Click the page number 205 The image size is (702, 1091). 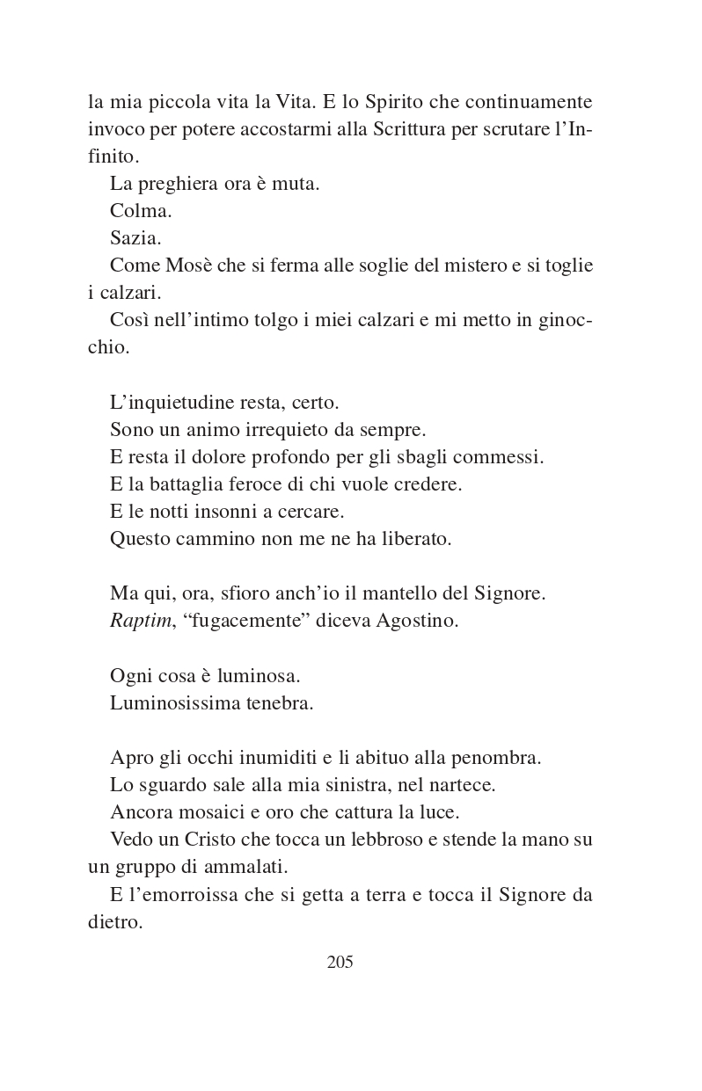click(340, 962)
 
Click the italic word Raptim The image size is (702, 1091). click(141, 621)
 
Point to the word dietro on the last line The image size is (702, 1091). click(114, 923)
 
